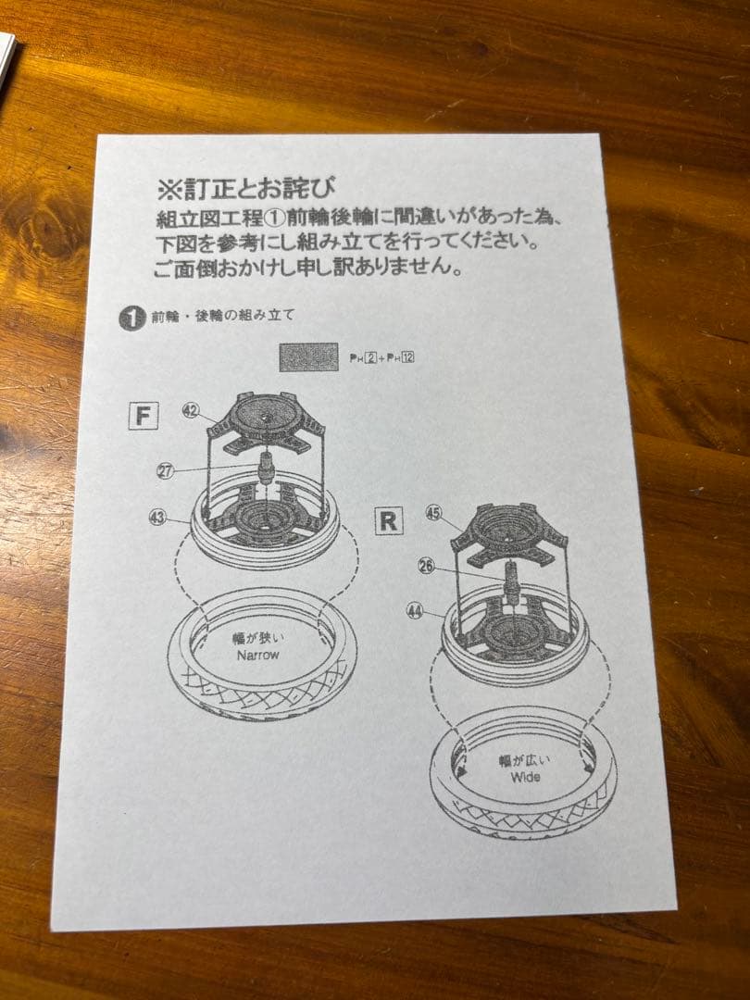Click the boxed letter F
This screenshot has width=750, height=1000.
tap(142, 416)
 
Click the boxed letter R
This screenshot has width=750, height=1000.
tap(389, 521)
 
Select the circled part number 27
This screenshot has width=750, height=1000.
tap(167, 470)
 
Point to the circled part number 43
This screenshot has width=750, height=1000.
tap(157, 518)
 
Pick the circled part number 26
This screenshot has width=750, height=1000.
tap(427, 566)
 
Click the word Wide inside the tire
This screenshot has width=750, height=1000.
tap(524, 777)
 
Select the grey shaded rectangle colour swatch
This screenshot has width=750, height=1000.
tap(308, 356)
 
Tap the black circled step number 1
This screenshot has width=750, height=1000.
tap(131, 318)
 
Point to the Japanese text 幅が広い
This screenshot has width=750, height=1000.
tap(524, 760)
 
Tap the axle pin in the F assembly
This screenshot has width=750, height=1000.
tap(266, 466)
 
